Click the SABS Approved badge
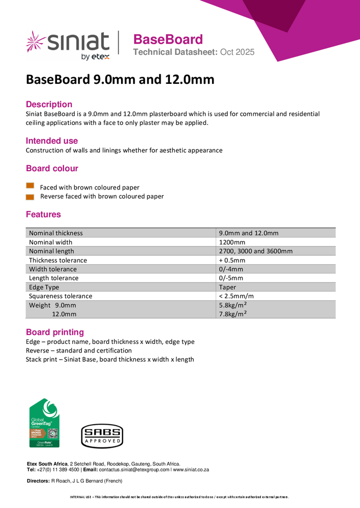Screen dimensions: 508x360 [102, 436]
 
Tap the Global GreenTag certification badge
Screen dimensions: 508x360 [44, 423]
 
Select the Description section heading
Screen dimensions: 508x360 [49, 104]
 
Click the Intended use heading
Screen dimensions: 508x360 [52, 141]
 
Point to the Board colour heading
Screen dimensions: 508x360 [52, 168]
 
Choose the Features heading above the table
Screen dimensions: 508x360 [43, 214]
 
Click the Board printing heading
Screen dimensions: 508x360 [55, 332]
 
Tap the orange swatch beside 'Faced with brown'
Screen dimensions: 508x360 [30, 186]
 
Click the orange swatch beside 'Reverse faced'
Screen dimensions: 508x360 [30, 196]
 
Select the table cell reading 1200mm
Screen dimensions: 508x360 [231, 242]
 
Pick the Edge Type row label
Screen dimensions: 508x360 [44, 287]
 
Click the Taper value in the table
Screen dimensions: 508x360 [227, 287]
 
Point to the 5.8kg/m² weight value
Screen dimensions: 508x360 [233, 305]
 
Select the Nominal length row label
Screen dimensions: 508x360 [51, 251]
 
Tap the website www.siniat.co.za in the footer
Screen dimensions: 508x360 [191, 470]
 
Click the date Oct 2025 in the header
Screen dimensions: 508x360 [237, 52]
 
